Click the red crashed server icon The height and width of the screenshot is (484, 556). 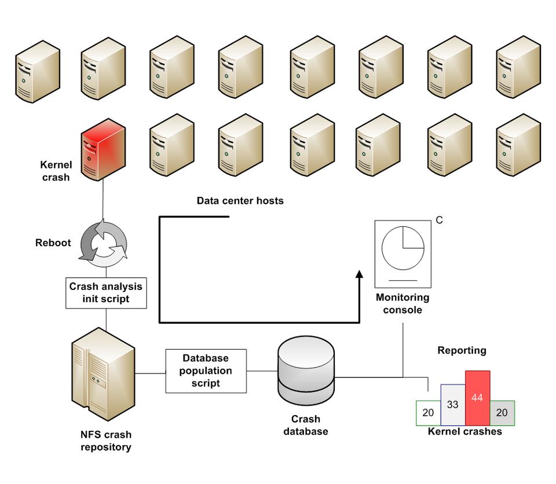click(103, 153)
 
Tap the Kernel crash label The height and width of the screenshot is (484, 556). click(56, 171)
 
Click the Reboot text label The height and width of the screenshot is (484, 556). click(53, 243)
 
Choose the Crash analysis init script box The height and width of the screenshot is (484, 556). click(105, 293)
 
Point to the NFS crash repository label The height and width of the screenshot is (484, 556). click(106, 441)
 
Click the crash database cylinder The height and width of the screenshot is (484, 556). click(306, 371)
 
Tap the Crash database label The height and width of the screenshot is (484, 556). click(306, 425)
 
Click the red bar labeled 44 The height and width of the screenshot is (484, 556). click(477, 398)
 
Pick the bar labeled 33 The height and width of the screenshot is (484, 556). click(452, 405)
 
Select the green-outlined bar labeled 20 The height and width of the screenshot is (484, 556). click(429, 413)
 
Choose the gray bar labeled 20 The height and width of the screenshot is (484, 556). click(502, 413)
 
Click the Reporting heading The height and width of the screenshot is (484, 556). click(462, 350)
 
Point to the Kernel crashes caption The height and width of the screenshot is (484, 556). click(464, 432)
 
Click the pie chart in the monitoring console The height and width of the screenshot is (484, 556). click(403, 248)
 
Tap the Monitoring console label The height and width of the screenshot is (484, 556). click(403, 304)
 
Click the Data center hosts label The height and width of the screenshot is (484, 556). click(240, 201)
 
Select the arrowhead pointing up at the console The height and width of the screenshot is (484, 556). click(359, 275)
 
